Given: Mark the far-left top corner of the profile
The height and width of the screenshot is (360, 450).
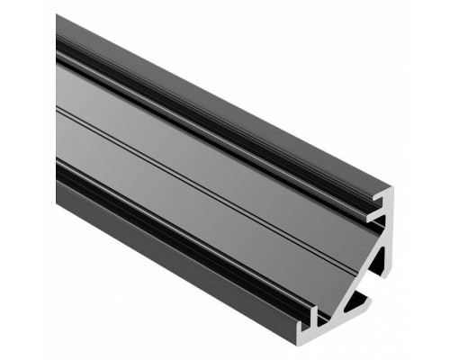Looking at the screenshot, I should (x=57, y=15).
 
